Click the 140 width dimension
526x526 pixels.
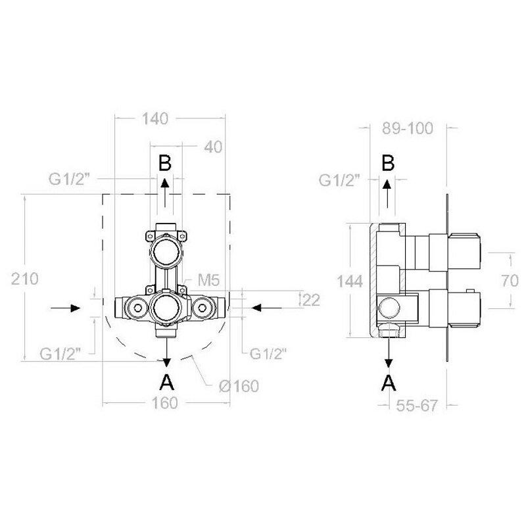click(x=155, y=119)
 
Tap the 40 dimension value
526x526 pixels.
click(x=213, y=147)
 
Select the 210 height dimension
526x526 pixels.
click(x=25, y=279)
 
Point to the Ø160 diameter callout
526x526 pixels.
click(x=239, y=386)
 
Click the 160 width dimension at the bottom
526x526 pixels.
click(x=164, y=403)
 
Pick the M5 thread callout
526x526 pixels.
click(x=208, y=280)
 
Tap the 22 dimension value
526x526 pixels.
click(x=311, y=300)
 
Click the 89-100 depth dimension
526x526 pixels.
click(x=408, y=128)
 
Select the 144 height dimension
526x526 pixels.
click(x=350, y=281)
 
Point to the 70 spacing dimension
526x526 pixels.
click(x=510, y=281)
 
